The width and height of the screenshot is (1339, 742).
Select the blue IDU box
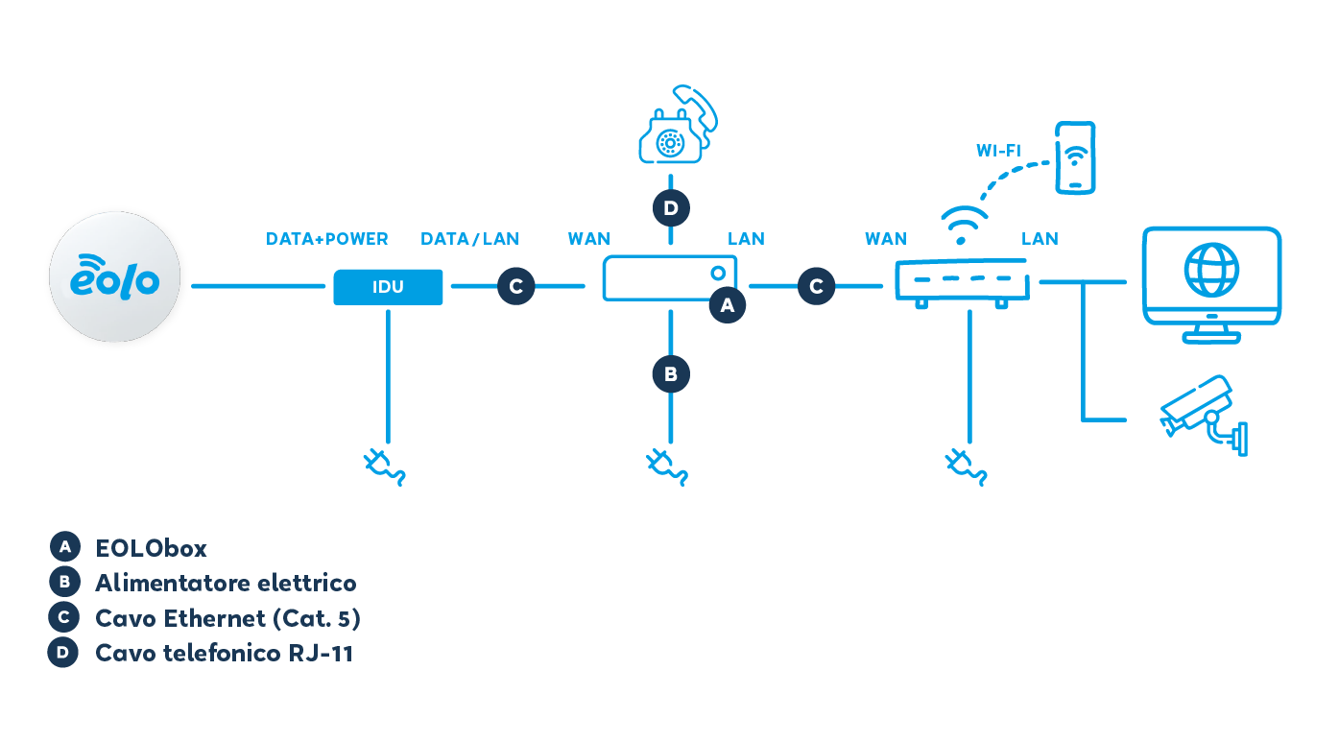pyautogui.click(x=388, y=287)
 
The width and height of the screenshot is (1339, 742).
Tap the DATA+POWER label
pyautogui.click(x=326, y=239)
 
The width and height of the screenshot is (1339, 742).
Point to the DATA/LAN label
pyautogui.click(x=469, y=239)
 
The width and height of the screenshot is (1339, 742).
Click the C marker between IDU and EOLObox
pyautogui.click(x=515, y=286)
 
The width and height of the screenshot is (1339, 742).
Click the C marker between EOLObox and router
pyautogui.click(x=816, y=286)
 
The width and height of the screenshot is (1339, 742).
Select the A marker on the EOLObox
pyautogui.click(x=727, y=305)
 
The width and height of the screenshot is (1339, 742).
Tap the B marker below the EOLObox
pyautogui.click(x=670, y=372)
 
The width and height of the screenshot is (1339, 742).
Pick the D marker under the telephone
pyautogui.click(x=670, y=207)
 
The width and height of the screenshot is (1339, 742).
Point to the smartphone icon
pyautogui.click(x=1074, y=156)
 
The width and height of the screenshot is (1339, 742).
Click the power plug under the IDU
pyautogui.click(x=384, y=466)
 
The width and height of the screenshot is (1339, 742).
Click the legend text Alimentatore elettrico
pyautogui.click(x=226, y=583)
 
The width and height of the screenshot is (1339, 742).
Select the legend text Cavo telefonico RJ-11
pyautogui.click(x=224, y=654)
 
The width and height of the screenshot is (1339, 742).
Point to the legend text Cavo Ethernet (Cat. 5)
pyautogui.click(x=227, y=618)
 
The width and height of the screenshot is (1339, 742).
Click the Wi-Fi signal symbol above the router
pyautogui.click(x=964, y=221)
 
